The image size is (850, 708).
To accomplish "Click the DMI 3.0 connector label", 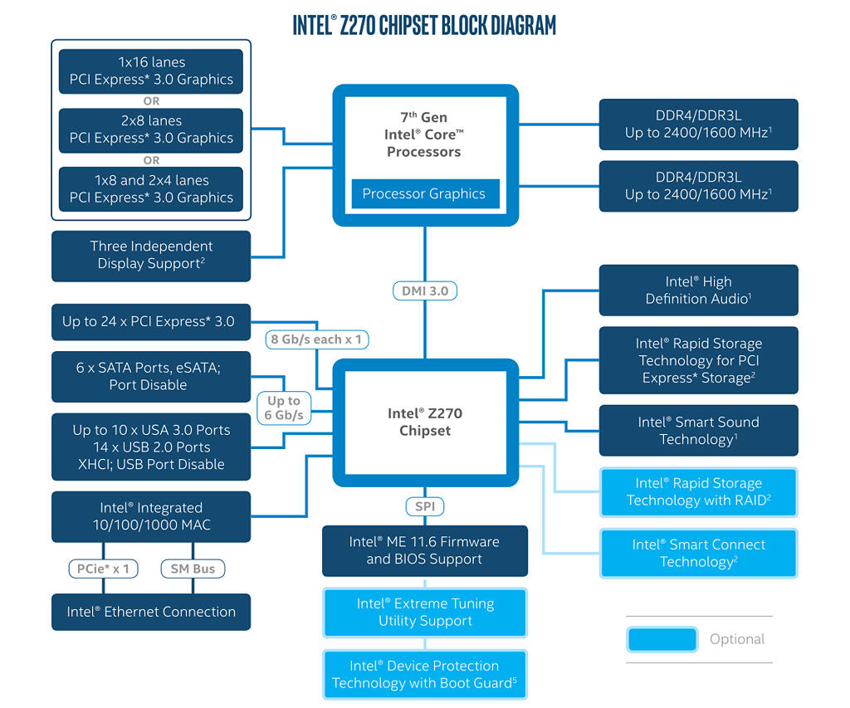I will [424, 291].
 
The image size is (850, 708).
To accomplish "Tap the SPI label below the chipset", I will [424, 506].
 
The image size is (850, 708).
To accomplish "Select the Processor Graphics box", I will [424, 193].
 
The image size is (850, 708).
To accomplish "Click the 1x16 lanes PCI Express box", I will [151, 71].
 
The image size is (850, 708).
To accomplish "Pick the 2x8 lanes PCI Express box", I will [151, 129].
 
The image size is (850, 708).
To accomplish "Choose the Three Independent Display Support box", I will [151, 255].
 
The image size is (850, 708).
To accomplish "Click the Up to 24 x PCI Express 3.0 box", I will [151, 321].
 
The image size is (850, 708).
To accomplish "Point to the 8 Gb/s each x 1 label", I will [317, 339].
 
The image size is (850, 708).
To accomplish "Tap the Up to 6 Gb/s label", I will [285, 408].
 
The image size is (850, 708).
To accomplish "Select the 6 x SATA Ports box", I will [151, 376].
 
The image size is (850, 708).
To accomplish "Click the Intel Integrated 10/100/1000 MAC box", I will [151, 516].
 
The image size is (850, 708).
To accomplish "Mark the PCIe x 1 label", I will [104, 569].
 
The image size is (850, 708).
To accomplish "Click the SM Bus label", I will [193, 569].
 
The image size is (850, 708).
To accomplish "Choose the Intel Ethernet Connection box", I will [151, 612].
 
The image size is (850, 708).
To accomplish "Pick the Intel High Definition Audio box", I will [698, 291].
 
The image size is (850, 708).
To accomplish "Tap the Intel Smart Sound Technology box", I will [698, 430].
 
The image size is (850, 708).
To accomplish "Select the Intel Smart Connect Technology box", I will [698, 553].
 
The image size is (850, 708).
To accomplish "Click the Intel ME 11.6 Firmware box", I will [424, 550].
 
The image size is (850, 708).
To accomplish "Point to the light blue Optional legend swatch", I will [662, 639].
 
